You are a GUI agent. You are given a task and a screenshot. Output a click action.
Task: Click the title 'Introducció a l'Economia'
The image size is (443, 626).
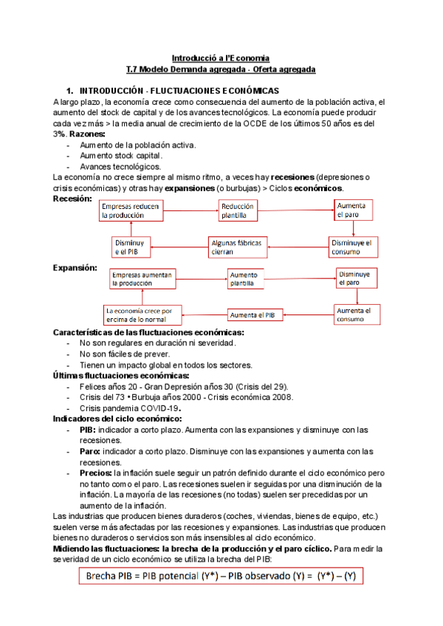coord(221,58)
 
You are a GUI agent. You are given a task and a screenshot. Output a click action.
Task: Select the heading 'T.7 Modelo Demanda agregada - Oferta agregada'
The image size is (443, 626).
coord(221,69)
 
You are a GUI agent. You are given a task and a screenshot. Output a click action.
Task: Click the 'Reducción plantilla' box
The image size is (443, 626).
coord(240,210)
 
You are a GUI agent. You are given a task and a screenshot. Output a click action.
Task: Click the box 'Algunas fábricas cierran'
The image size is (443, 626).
coord(238,247)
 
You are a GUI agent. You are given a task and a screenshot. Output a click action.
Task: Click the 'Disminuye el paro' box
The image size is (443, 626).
coord(355,278)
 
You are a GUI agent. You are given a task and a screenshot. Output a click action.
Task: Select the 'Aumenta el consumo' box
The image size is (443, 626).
coord(357,314)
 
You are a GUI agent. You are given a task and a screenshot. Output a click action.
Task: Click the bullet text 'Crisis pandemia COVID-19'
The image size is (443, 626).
coord(130,407)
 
